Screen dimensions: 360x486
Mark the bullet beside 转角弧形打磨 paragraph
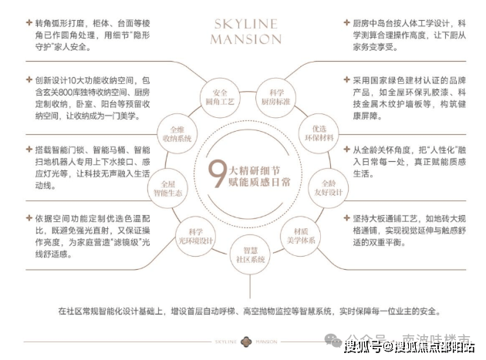pos(29,25)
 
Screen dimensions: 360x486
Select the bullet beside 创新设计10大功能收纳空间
pos(29,79)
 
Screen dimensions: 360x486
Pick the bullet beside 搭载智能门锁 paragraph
pos(29,148)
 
